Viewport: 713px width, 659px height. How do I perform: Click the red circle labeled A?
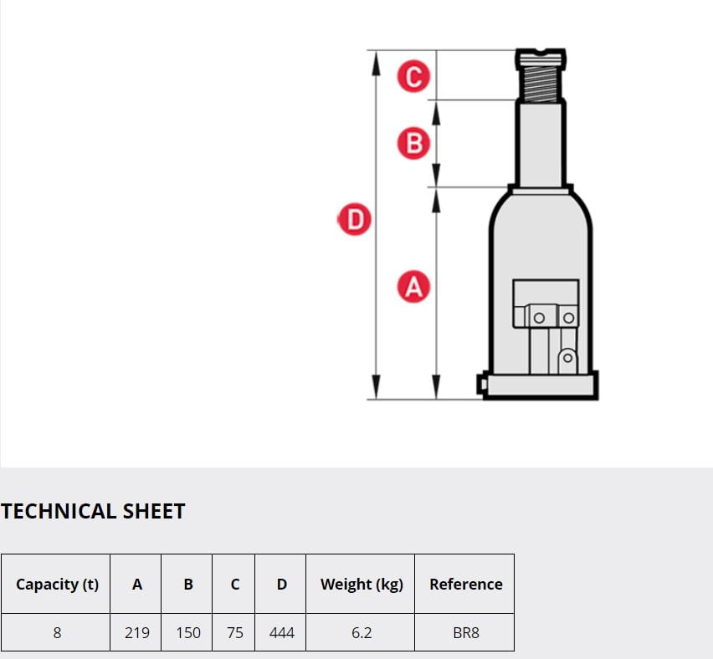pos(413,287)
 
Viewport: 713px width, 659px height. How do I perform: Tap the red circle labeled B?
pos(413,143)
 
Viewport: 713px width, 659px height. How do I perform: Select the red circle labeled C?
pos(413,76)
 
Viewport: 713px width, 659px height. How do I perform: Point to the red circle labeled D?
pos(355,219)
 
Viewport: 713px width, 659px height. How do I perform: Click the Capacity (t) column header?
pos(57,584)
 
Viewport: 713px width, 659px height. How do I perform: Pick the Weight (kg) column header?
pos(362,584)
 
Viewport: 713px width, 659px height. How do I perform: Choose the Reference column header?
pos(466,584)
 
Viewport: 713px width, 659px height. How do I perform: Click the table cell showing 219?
pos(137,632)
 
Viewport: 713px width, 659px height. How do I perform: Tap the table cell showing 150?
pos(188,632)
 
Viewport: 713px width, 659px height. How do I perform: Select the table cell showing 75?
pos(234,632)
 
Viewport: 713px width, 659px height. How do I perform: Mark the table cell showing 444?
pos(282,632)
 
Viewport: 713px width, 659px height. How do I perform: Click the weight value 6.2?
pos(362,632)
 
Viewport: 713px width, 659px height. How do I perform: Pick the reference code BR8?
pos(466,632)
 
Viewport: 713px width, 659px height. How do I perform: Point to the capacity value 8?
pos(57,632)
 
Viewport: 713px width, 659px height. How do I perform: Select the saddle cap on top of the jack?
pos(541,59)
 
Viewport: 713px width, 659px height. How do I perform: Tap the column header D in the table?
pos(282,584)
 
